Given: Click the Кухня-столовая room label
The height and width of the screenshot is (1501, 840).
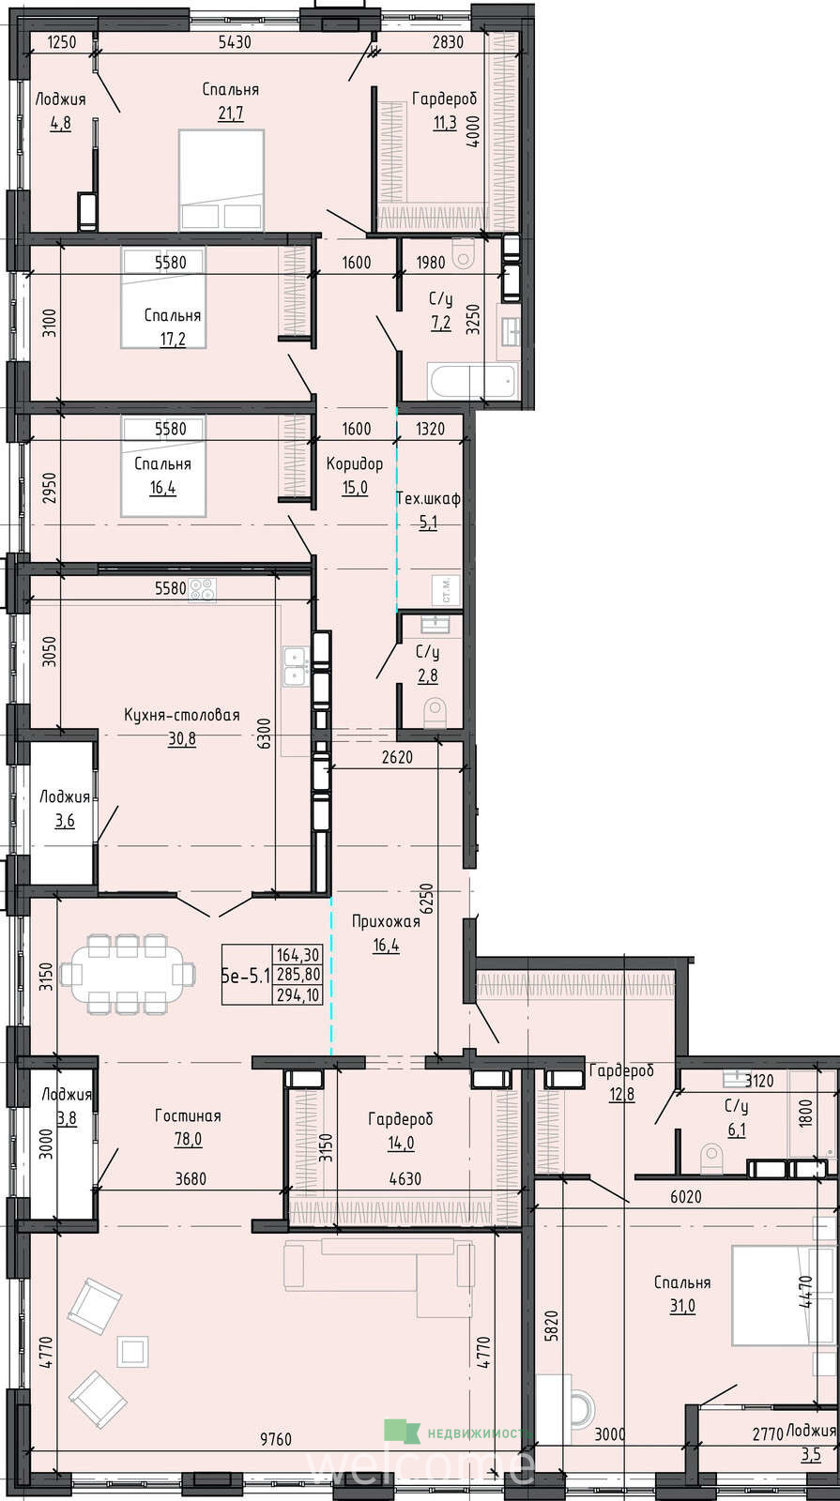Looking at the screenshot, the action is pos(182,715).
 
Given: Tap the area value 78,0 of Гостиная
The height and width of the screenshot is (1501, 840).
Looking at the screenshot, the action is pos(188,1139).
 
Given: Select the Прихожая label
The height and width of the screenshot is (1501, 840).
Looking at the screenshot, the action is pos(386,921).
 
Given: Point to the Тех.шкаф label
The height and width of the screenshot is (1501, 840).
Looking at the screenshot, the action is pos(428,498).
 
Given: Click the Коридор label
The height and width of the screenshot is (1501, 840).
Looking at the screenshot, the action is pos(355,463).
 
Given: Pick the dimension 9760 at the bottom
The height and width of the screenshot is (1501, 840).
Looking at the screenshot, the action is pos(276,1439).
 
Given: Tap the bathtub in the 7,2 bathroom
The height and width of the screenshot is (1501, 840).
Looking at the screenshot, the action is pos(472,381).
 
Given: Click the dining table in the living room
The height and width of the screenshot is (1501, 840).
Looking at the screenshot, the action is pos(128,974).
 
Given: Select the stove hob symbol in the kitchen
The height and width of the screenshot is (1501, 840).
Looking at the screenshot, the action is pos(202,590).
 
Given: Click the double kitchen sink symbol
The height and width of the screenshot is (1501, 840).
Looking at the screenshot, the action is pos(296,666).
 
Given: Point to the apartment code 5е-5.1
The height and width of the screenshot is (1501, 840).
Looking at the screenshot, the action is pos(246,976).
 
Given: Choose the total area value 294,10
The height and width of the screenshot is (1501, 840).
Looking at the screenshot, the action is pos(298,995).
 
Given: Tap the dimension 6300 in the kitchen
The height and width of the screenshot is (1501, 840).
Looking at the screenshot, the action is pos(265,733).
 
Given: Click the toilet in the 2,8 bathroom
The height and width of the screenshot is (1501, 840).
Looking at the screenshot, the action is pos(435,712).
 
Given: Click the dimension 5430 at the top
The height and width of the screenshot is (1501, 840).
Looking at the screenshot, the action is pos(235,41).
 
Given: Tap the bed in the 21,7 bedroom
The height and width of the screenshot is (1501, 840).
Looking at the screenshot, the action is pos(221,180).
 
